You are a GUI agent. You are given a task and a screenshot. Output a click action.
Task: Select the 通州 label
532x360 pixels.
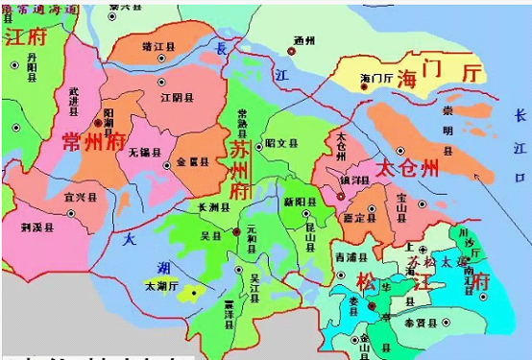pos(305,39)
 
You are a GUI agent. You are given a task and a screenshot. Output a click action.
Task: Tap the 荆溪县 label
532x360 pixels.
pos(36,229)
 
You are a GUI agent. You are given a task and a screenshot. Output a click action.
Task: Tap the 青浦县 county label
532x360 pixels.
pos(346,256)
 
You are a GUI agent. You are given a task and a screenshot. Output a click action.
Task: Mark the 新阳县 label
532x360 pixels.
pos(294,201)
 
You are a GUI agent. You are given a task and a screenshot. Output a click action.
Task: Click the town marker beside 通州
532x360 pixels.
pos(293,51)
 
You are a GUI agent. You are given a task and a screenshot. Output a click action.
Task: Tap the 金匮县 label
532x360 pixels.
pos(191,162)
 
